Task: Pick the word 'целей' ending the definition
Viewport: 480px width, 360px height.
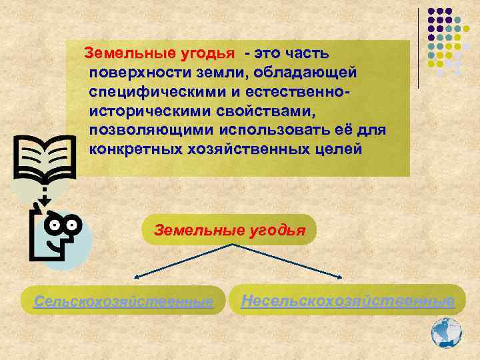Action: pos(339,147)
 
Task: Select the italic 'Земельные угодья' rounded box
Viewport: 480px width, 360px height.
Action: pos(229,231)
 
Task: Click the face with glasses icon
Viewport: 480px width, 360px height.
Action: pos(57,235)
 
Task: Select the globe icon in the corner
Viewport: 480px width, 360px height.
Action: pos(446,331)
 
